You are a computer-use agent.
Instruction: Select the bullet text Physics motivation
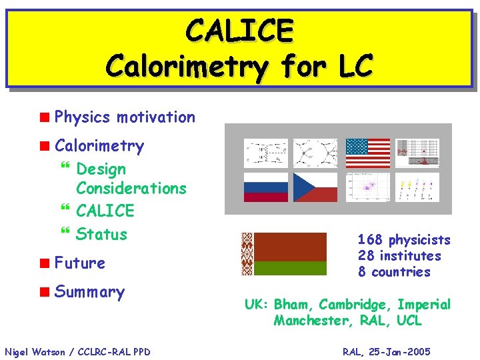(125, 117)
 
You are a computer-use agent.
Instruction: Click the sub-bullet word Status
(101, 234)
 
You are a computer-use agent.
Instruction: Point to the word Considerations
(131, 188)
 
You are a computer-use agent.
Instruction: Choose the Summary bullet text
(89, 292)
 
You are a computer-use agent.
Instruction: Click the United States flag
(367, 153)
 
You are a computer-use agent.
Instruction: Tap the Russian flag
(266, 187)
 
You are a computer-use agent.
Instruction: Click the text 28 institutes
(399, 256)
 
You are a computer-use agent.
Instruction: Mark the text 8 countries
(394, 272)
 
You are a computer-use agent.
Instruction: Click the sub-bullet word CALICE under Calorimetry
(105, 211)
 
